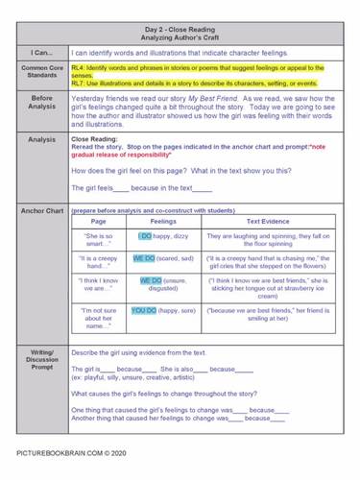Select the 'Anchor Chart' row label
[41, 210]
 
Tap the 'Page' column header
[99, 221]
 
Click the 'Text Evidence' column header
[266, 221]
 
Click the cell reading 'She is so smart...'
[100, 240]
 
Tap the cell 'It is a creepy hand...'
[100, 263]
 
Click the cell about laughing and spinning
[266, 240]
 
